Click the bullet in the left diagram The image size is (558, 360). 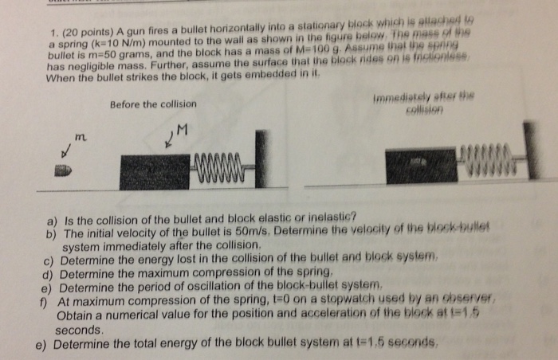tap(62, 170)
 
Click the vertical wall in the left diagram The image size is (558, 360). tap(259, 159)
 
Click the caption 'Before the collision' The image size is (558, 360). tap(154, 104)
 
